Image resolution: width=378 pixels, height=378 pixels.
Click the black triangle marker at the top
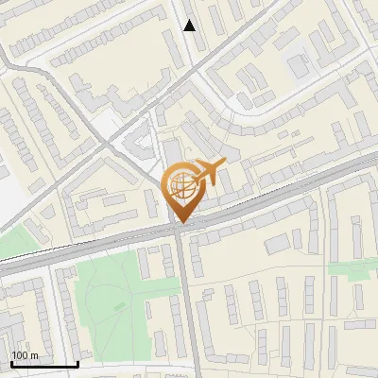pos(190,26)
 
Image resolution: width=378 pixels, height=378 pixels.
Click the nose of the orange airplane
pos(223,163)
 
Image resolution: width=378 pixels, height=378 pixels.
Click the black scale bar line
pos(43,364)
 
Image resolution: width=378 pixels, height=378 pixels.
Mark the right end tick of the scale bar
pos(77,362)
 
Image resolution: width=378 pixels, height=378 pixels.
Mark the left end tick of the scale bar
pos(10,362)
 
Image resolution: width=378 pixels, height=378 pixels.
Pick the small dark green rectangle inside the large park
pos(119,306)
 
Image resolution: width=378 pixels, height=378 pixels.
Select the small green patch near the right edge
pos(346,267)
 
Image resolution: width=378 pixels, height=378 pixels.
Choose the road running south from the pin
pos(187,302)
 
